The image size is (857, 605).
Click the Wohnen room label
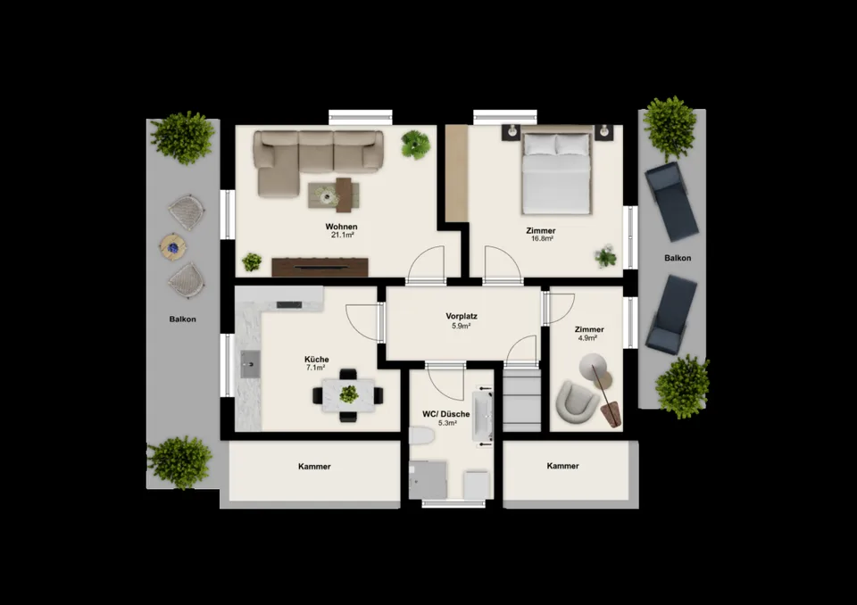coord(341,227)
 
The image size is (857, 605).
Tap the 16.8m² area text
coord(541,239)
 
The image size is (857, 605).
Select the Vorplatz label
coord(462,316)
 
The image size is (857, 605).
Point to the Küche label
coord(316,359)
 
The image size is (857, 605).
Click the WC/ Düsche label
coord(446,414)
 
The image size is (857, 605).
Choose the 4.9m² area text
coord(587,338)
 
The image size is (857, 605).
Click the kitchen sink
coord(250,364)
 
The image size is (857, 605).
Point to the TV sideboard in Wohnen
coord(320,267)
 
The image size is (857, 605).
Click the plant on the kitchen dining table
coord(348,394)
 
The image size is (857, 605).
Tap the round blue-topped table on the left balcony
coord(173,247)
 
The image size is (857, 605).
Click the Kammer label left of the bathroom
coord(314,467)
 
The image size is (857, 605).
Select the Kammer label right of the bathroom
coord(563,466)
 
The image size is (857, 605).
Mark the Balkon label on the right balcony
coord(678,258)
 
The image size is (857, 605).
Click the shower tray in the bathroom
coord(428,480)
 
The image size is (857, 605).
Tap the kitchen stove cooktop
coord(289,305)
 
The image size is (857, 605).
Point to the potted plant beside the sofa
coord(415,145)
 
